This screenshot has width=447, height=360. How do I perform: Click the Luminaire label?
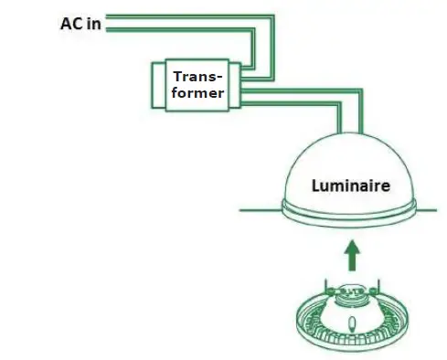click(x=351, y=185)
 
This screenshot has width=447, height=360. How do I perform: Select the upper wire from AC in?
click(x=183, y=16)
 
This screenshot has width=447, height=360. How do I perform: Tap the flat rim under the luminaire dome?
click(x=353, y=217)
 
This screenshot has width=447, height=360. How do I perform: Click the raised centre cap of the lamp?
click(x=352, y=294)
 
